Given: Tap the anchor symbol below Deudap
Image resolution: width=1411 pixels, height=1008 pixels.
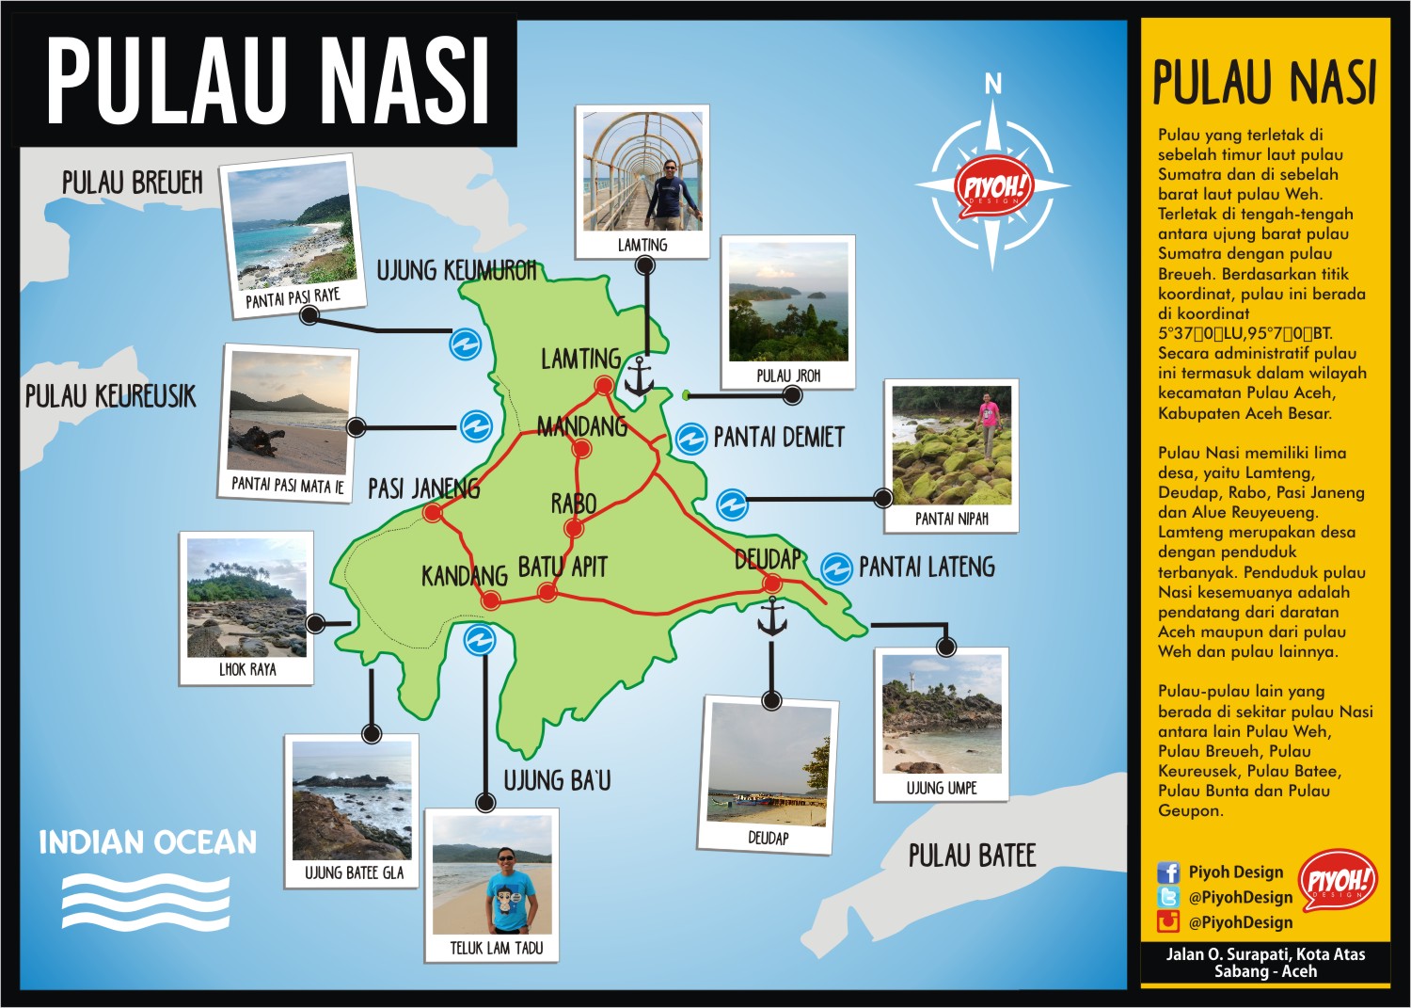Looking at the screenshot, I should tap(772, 616).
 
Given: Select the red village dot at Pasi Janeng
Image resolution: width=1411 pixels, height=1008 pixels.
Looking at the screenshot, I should tap(433, 513).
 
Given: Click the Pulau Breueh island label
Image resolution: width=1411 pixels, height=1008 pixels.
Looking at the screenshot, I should tap(132, 183).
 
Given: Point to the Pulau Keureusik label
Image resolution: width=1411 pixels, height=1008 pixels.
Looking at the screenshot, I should tap(110, 396).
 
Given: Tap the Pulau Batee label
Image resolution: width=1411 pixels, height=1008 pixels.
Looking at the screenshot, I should tap(972, 856).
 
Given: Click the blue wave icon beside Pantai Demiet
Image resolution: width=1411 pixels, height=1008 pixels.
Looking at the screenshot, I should tap(691, 439).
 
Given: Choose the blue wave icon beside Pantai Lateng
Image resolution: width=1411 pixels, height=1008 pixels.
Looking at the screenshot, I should tap(836, 568).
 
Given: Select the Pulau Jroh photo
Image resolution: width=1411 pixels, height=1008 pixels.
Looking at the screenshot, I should tap(788, 302).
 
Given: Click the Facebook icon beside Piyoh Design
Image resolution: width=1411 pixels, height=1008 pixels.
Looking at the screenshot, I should tap(1168, 872).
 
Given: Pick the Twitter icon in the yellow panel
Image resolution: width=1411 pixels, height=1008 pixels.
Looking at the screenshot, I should tap(1168, 897).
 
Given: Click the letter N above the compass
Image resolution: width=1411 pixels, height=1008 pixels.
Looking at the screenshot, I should tap(993, 85).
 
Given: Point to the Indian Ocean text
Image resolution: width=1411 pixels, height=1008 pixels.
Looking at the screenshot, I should tap(148, 842).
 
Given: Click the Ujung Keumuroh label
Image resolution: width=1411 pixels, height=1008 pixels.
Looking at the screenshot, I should tap(456, 271).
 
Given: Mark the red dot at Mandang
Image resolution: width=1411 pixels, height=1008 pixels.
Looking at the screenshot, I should tap(581, 449).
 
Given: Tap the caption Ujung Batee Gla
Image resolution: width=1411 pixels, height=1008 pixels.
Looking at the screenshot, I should tap(354, 873).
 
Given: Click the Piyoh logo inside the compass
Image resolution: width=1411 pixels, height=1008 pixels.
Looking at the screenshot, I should tap(993, 187).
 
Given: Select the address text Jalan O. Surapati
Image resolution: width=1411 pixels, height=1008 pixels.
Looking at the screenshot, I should tap(1265, 954).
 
